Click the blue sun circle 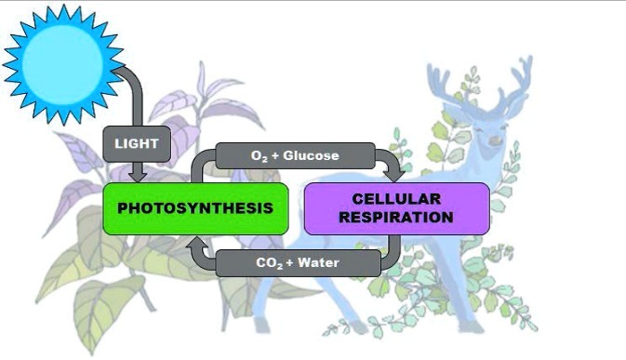point(62,63)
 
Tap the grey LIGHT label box point(137,144)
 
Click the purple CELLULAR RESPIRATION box point(395,207)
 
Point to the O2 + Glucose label point(295,155)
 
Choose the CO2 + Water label point(298,263)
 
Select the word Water point(319,263)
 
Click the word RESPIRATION point(396,218)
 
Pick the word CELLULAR point(396,198)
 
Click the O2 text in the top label point(260,156)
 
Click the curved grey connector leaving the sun point(133,88)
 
